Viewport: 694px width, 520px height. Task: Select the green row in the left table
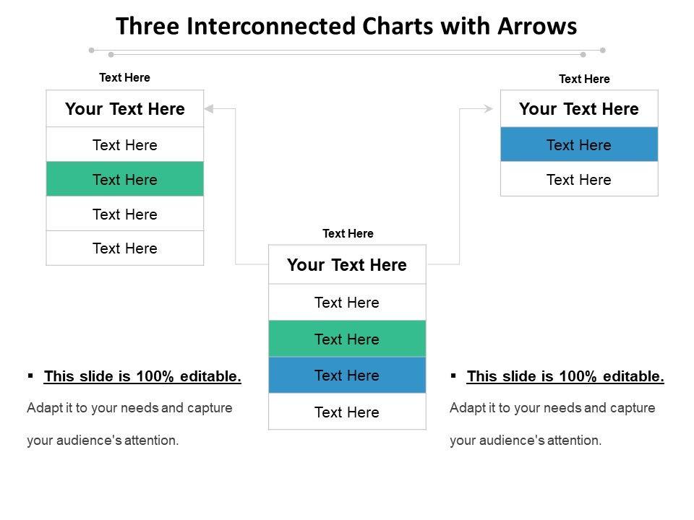click(x=125, y=179)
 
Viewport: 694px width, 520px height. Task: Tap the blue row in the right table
click(x=579, y=144)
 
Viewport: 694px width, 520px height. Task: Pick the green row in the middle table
click(x=347, y=339)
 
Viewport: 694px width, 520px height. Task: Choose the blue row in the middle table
click(x=347, y=376)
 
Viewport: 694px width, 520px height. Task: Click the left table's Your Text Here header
click(x=125, y=109)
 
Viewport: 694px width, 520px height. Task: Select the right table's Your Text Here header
click(x=579, y=109)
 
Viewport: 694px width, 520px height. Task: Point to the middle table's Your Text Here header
click(x=347, y=265)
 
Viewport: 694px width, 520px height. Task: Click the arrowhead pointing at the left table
click(x=210, y=109)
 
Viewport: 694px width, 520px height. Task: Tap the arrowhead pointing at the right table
click(x=488, y=109)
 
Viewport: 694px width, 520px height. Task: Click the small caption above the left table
click(x=124, y=77)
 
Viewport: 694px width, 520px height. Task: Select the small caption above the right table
click(x=584, y=79)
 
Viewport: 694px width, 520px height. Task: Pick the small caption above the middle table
click(x=348, y=233)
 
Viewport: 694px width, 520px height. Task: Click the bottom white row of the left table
click(x=125, y=248)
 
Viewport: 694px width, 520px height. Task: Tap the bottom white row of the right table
click(x=579, y=179)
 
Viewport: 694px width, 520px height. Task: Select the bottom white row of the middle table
click(x=347, y=412)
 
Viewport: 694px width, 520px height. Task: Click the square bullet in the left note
click(x=30, y=376)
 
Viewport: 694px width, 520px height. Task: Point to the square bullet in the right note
click(x=453, y=376)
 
